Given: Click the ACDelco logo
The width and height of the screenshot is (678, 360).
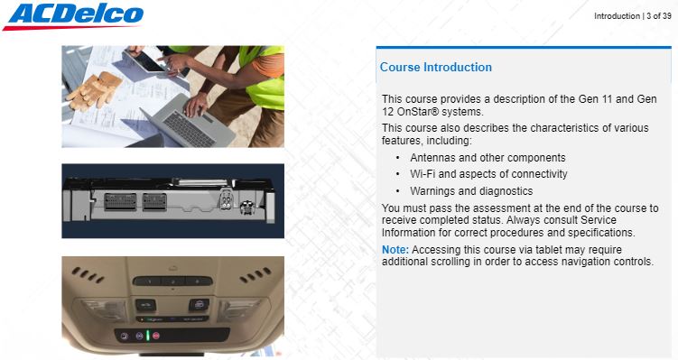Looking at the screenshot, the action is [x=72, y=16].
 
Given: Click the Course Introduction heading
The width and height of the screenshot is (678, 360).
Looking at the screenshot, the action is [x=436, y=68].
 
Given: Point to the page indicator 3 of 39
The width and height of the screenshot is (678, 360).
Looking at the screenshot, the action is [x=659, y=16].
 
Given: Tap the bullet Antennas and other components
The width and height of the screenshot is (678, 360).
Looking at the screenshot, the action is [x=488, y=158].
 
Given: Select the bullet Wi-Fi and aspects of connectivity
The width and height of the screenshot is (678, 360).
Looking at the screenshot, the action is [x=488, y=174].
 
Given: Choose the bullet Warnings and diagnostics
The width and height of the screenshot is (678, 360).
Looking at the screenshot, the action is [x=471, y=191].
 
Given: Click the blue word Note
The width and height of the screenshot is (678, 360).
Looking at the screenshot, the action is [x=395, y=250].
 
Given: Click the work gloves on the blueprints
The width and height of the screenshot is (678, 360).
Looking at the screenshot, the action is [x=94, y=90].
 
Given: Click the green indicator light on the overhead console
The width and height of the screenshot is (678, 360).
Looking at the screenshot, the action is [x=147, y=336].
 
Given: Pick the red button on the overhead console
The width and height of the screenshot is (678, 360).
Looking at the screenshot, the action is [x=156, y=336].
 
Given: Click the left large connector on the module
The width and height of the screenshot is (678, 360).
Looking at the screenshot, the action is [x=120, y=201].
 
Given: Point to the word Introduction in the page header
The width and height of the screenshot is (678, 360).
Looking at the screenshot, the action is [x=617, y=16].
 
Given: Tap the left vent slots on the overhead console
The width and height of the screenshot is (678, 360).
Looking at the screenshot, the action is [x=88, y=275].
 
